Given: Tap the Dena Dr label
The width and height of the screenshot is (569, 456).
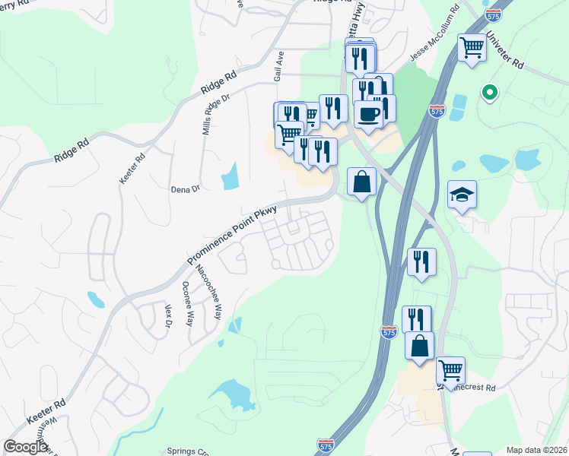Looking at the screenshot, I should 185,187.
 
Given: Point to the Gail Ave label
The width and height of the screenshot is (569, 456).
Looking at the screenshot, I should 279,68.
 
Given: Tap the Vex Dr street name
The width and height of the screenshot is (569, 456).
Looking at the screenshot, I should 168,319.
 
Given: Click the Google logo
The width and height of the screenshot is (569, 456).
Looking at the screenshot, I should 25,447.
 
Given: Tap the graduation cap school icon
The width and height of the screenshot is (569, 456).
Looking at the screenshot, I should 462,195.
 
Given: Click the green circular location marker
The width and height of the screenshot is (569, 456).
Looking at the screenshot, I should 490,93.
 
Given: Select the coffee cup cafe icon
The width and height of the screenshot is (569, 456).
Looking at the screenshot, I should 368,114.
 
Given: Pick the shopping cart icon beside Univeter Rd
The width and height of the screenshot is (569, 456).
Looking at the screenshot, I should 472,48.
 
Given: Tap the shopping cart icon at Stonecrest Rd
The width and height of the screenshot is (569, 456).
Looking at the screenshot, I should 450,370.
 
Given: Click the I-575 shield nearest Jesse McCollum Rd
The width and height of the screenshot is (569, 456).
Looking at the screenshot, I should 437,110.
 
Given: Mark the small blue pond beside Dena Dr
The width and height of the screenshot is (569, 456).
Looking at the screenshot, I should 229,177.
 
